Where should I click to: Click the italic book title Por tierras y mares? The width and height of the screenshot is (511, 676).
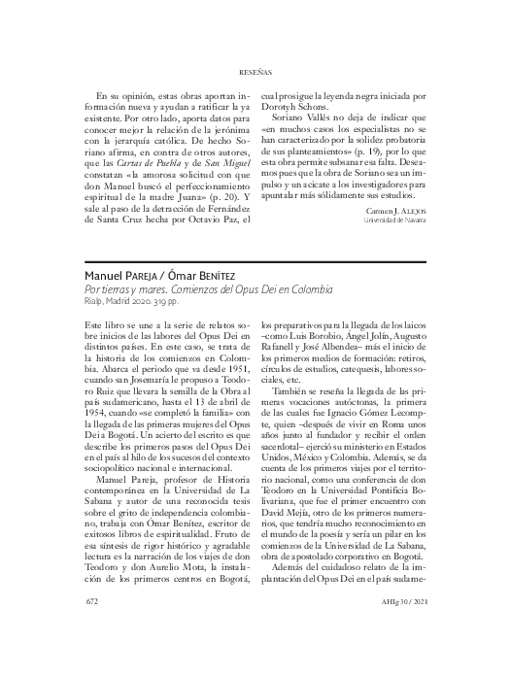[x=130, y=289]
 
